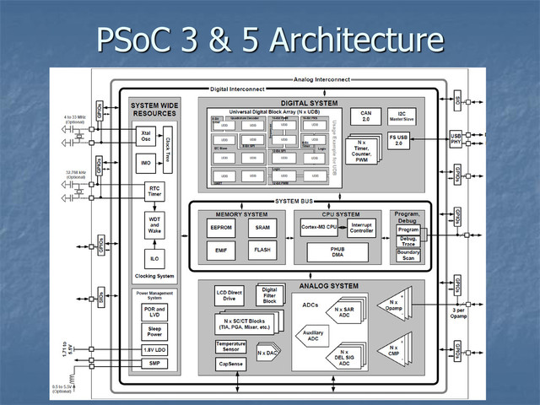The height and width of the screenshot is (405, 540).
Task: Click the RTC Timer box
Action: coord(154,192)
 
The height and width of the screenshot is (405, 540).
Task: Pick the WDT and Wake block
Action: coord(154,225)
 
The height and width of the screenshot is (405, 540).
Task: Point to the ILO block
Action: coord(154,258)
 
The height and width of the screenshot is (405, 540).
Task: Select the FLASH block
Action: coord(262,250)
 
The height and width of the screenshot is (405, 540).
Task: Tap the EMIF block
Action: coord(221,250)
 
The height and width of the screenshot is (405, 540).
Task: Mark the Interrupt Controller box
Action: coord(362,228)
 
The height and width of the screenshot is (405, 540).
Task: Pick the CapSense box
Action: coord(230,364)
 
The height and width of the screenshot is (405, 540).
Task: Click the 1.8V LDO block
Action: coord(154,350)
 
